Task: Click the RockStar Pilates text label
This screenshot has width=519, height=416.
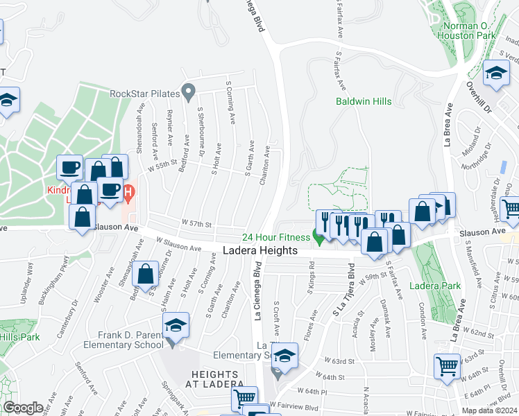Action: click(x=144, y=94)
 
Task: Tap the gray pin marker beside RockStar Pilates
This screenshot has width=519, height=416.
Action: click(x=187, y=92)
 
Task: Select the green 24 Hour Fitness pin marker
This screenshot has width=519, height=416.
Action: click(x=318, y=239)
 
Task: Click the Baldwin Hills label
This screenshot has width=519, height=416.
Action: click(x=364, y=101)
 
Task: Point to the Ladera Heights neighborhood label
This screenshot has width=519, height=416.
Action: click(x=260, y=250)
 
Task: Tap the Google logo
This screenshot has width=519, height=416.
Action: click(x=23, y=408)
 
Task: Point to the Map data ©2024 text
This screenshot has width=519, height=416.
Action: click(x=489, y=410)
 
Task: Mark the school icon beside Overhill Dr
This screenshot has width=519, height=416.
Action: click(x=496, y=73)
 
